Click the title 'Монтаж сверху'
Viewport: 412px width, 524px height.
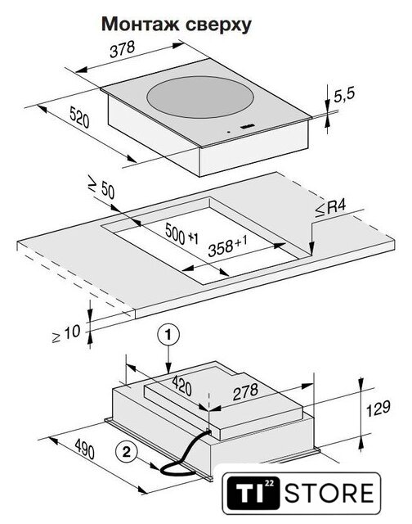point(176,25)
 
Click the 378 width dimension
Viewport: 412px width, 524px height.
point(123,49)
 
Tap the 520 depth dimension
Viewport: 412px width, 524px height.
point(79,116)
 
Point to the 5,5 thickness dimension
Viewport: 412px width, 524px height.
point(344,95)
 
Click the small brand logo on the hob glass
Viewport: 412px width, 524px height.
point(247,126)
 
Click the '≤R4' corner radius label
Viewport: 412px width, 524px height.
point(331,209)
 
